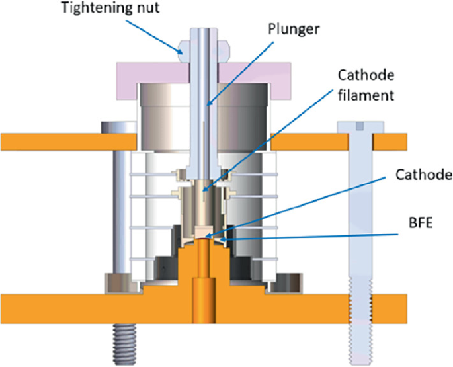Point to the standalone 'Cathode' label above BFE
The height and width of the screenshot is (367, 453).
pos(423,175)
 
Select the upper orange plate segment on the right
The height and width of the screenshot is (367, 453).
pos(390,141)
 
